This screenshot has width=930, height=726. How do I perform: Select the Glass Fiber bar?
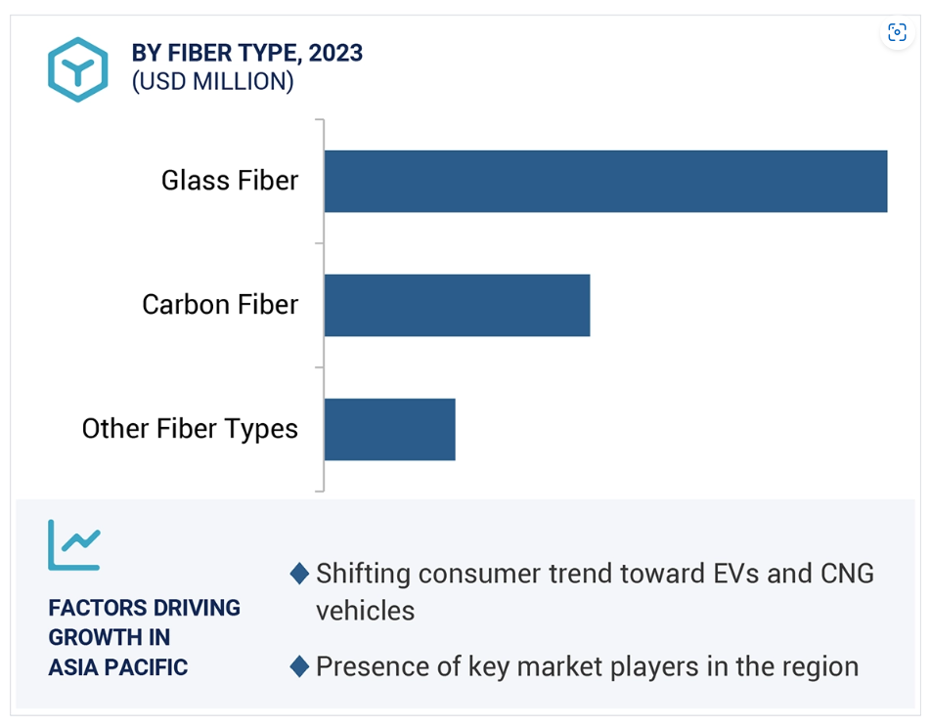coord(605,182)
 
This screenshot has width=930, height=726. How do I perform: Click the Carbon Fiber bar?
coord(458,305)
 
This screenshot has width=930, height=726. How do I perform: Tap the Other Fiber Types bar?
coord(389,429)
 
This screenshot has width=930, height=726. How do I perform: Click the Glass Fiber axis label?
coord(230,180)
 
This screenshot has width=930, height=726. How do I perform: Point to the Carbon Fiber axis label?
coord(220,304)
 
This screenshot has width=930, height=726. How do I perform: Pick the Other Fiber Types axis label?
coord(190,429)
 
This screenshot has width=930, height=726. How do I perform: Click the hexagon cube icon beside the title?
coord(77,69)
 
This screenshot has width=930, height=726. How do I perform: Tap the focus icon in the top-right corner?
coord(897,32)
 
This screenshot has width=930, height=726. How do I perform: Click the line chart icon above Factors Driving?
coord(74,545)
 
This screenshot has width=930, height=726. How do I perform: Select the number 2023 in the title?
coord(335,53)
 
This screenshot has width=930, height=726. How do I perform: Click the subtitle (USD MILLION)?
coord(212,81)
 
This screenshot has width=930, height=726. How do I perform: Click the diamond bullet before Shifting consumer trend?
coord(299,574)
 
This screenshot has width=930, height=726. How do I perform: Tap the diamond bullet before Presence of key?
coord(299,666)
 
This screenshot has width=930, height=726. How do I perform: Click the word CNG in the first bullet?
coord(847,574)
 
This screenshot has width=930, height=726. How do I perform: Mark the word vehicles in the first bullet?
coord(366,611)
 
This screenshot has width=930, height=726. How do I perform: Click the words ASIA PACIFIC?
coord(118,667)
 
